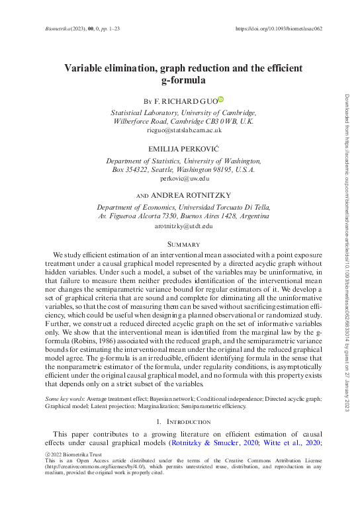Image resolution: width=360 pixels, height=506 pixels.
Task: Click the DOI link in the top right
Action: pyautogui.click(x=279, y=29)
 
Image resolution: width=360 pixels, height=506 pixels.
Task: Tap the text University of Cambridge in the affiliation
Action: pyautogui.click(x=220, y=113)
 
